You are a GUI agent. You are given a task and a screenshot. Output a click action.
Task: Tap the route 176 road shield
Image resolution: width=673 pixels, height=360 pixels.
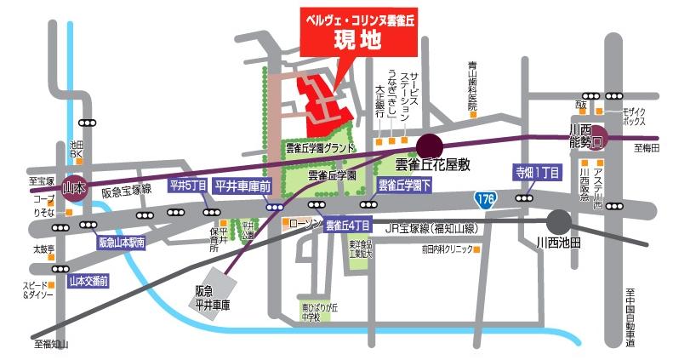[x=485, y=198]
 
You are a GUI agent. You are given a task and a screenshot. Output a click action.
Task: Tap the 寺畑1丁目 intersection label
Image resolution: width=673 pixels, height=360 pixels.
[x=537, y=170]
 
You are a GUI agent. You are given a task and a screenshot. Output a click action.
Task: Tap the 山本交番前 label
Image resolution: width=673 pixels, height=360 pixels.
[x=88, y=279]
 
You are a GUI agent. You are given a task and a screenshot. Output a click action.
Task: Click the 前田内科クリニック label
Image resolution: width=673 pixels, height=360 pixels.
[x=443, y=249]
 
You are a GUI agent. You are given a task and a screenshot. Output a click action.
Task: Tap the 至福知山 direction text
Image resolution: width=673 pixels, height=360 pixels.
[x=51, y=344]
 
